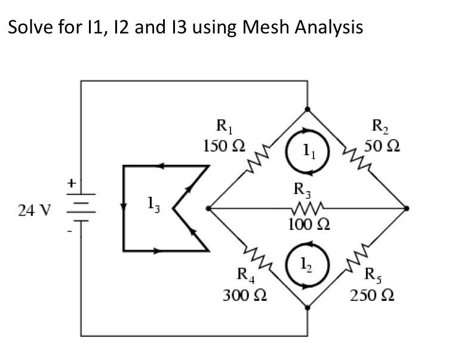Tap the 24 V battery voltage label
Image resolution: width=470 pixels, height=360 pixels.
(38, 210)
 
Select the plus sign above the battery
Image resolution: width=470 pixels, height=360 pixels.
(70, 180)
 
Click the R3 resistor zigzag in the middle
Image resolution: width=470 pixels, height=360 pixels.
(307, 208)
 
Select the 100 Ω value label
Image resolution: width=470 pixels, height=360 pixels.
(306, 225)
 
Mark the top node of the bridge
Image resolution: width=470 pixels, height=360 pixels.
(307, 110)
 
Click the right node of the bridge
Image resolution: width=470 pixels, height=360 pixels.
(407, 208)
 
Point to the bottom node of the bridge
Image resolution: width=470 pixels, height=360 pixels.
(307, 307)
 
